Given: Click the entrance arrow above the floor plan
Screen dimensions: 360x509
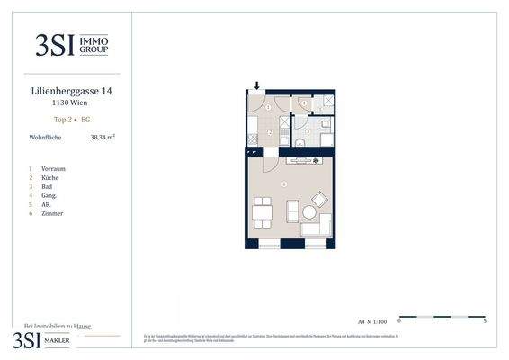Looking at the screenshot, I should click(x=257, y=86).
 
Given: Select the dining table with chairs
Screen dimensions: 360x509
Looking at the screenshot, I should click(x=261, y=212).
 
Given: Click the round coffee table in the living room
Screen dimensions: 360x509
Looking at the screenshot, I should click(x=308, y=213).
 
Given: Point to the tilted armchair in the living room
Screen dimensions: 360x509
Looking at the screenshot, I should click(x=318, y=198).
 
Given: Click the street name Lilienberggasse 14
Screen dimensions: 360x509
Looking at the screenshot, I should click(x=72, y=91).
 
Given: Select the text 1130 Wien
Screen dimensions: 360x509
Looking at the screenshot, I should click(x=72, y=103).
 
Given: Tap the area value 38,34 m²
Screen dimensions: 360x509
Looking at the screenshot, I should click(x=103, y=138).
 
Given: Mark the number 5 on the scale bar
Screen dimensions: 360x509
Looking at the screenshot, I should click(x=485, y=321).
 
